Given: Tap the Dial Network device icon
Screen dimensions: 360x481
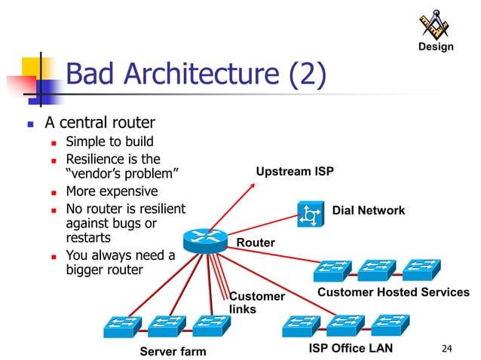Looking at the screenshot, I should tap(310, 215).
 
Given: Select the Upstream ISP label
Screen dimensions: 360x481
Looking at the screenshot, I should tap(295, 172).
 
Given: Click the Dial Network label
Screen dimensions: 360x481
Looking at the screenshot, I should tap(369, 211).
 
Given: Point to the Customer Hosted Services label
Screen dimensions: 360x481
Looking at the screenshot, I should tap(393, 292).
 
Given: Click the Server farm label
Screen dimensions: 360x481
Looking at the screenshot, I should tap(173, 351).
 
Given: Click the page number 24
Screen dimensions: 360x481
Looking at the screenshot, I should tap(447, 348).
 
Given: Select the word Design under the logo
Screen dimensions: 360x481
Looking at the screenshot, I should tap(436, 47).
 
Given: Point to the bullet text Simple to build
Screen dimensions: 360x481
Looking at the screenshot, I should tap(109, 142).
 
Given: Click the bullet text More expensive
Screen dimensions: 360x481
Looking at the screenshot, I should tap(112, 191).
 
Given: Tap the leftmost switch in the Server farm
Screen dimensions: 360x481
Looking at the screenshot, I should tap(123, 326).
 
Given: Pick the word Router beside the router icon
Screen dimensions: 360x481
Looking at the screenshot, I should tap(256, 243).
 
